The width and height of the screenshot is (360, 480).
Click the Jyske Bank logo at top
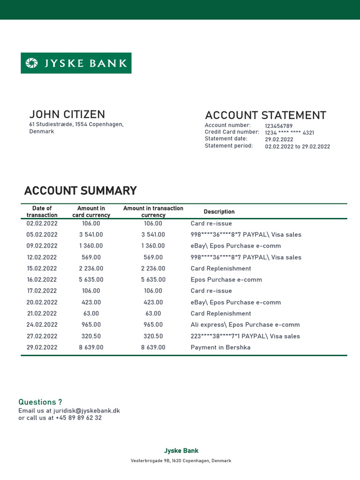pos(76,63)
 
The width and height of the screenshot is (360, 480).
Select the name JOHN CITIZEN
pos(67,114)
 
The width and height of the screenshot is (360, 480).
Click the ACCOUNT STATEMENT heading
pos(265,115)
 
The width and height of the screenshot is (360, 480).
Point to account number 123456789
pos(278,126)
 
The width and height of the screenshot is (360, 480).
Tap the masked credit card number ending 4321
pos(289,133)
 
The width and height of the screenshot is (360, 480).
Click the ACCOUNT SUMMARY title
pos(80,191)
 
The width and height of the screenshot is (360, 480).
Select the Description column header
pos(219,212)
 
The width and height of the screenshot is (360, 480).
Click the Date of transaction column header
pos(42,211)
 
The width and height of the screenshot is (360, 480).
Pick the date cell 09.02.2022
pos(42,246)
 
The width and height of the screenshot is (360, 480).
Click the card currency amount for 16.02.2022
pos(91,280)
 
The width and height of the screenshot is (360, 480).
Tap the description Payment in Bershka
pos(220,347)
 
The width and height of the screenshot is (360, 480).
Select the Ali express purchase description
pos(245,325)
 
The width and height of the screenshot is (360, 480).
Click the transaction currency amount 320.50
pos(153,336)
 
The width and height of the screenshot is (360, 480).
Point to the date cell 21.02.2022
pos(42,314)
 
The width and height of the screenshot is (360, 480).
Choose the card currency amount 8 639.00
pos(91,347)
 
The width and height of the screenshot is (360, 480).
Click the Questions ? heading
pos(40,402)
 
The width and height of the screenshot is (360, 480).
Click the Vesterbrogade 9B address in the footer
pos(181,461)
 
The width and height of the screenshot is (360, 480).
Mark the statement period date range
pos(297,146)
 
